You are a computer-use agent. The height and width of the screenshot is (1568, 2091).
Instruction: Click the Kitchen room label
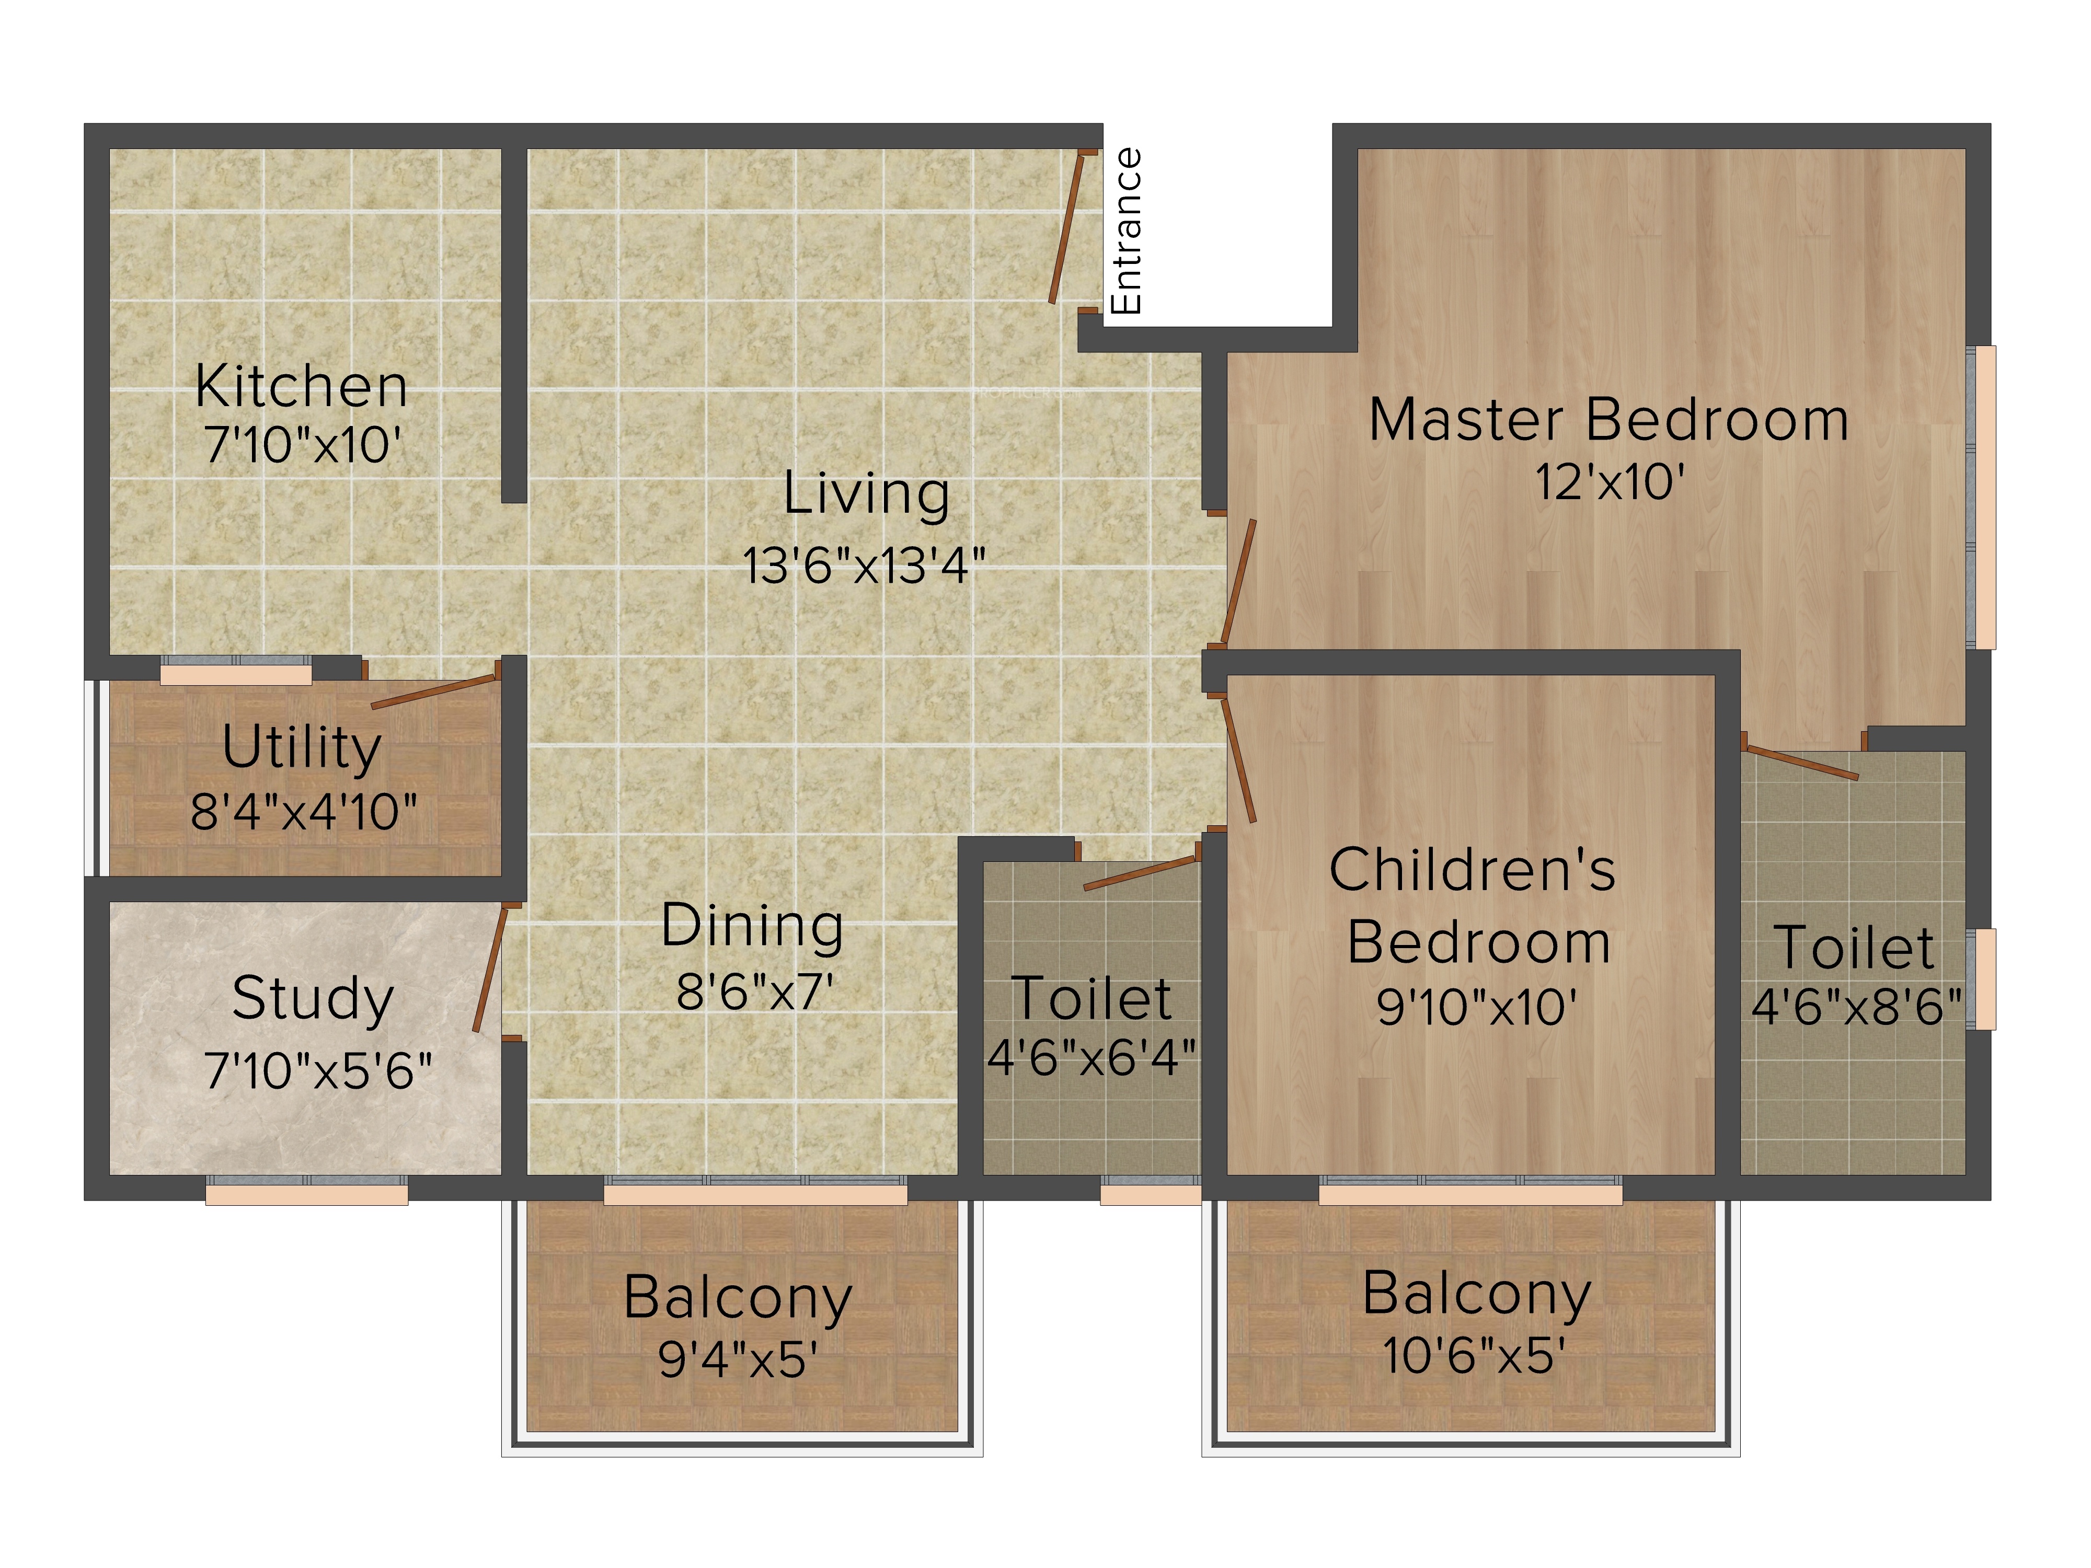coord(302,387)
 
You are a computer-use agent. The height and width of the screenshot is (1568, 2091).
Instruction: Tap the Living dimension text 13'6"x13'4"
coord(864,565)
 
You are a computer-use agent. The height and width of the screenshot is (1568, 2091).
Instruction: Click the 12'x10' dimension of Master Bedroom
coord(1609,482)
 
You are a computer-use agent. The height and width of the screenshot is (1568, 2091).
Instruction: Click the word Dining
coord(752,926)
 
